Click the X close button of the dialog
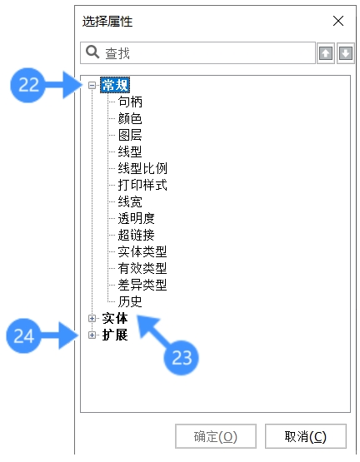click(338, 21)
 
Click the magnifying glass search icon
click(92, 52)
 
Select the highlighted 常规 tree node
click(115, 86)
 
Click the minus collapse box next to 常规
click(92, 86)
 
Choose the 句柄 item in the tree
click(130, 102)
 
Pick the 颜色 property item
click(130, 118)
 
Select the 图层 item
click(130, 135)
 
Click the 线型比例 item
click(142, 168)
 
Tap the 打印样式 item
click(142, 185)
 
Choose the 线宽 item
click(130, 201)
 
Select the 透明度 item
click(137, 218)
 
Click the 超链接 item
click(137, 235)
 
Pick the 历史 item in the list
click(130, 301)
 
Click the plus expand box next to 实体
click(92, 318)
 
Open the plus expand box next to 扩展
click(92, 335)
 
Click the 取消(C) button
click(306, 436)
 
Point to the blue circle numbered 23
click(182, 358)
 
